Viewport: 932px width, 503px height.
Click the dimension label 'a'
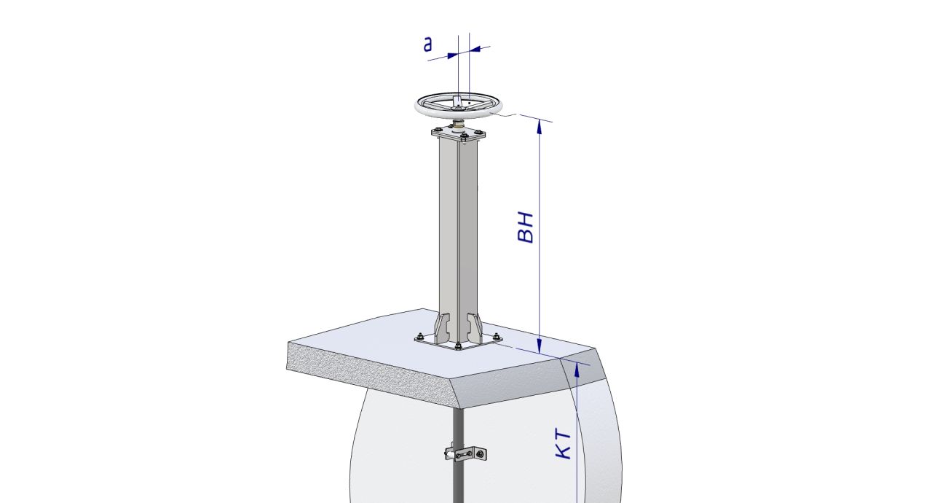pos(427,44)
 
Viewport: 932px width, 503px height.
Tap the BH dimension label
pos(525,227)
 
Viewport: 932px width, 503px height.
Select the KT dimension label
pos(564,444)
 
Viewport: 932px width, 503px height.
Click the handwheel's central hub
pos(458,107)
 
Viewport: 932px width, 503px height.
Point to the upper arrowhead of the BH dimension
pos(540,126)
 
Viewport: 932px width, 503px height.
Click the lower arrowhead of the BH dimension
pos(540,346)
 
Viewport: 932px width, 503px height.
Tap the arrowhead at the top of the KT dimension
pos(577,370)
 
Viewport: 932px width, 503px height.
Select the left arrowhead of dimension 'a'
pos(452,55)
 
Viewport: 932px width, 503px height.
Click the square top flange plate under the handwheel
pos(458,134)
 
